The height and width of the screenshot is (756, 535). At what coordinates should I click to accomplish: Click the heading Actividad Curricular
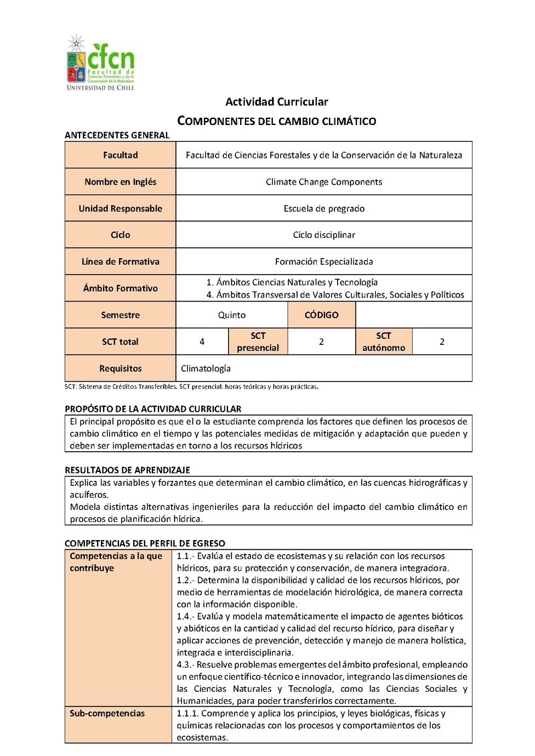coord(276,102)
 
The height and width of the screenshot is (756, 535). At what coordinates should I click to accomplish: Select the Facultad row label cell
coord(120,155)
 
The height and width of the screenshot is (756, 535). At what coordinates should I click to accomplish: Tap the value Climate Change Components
coord(324,182)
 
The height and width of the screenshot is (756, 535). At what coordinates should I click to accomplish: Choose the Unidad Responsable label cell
coord(120,209)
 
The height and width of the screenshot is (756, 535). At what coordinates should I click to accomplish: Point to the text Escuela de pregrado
coord(324,209)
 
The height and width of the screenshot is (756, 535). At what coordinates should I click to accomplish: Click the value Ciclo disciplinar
coord(324,235)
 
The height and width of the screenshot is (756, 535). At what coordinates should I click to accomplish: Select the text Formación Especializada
coord(324,261)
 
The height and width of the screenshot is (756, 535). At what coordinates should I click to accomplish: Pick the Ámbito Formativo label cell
coord(120,289)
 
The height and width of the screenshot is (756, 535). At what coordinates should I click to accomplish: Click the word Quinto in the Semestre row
coord(231,315)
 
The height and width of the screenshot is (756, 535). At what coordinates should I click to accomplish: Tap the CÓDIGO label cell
coord(322,315)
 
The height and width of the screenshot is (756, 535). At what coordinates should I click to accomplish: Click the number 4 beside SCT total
coord(202,342)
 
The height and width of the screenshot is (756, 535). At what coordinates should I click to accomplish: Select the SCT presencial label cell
coord(258,342)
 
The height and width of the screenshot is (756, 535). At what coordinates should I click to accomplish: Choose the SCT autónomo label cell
coord(384,342)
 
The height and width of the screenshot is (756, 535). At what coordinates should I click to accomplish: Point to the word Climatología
coord(206,368)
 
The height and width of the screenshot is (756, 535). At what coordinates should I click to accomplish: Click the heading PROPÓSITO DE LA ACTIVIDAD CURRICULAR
coord(153,408)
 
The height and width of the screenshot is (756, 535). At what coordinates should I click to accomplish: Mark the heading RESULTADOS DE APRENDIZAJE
coord(128,470)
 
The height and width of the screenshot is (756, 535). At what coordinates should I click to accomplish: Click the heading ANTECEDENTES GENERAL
coord(117,135)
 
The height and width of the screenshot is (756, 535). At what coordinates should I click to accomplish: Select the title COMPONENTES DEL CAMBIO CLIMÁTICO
coord(276,121)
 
